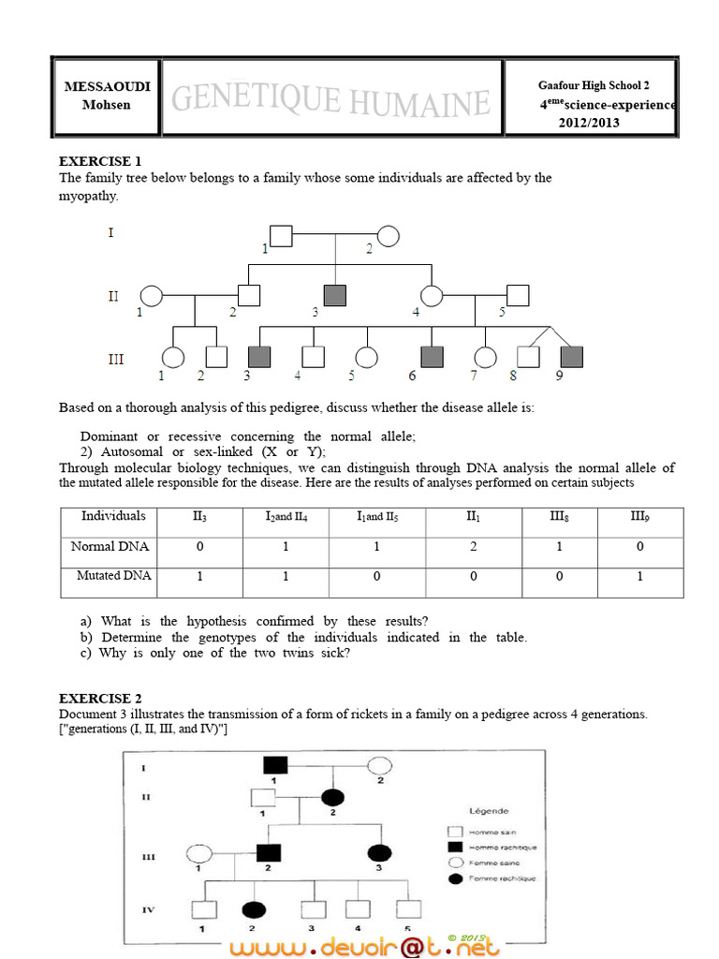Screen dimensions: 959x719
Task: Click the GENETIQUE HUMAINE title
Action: pyautogui.click(x=331, y=100)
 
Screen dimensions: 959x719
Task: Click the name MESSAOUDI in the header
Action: pyautogui.click(x=107, y=86)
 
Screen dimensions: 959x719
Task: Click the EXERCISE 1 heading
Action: pyautogui.click(x=101, y=161)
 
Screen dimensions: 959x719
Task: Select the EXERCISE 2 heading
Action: pyautogui.click(x=101, y=699)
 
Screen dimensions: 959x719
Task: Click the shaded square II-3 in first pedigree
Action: pyautogui.click(x=335, y=296)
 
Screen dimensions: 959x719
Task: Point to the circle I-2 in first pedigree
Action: pyautogui.click(x=389, y=236)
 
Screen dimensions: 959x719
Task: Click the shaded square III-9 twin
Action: pyautogui.click(x=570, y=357)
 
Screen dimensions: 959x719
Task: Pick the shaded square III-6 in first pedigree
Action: pyautogui.click(x=432, y=357)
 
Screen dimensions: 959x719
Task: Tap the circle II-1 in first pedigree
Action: pyautogui.click(x=153, y=296)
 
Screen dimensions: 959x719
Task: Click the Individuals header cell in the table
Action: pyautogui.click(x=113, y=516)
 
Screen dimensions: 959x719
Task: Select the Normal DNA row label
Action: pyautogui.click(x=110, y=546)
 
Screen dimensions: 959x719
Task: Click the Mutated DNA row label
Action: pyautogui.click(x=113, y=576)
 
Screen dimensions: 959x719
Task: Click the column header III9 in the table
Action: pyautogui.click(x=639, y=516)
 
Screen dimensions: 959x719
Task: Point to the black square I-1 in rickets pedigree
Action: pyautogui.click(x=274, y=764)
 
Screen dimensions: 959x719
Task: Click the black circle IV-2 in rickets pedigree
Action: pyautogui.click(x=252, y=909)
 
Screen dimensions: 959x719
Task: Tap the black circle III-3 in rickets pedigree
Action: pyautogui.click(x=379, y=853)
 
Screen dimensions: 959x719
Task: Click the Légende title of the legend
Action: pyautogui.click(x=489, y=811)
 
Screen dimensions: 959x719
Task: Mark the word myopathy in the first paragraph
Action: pyautogui.click(x=89, y=196)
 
